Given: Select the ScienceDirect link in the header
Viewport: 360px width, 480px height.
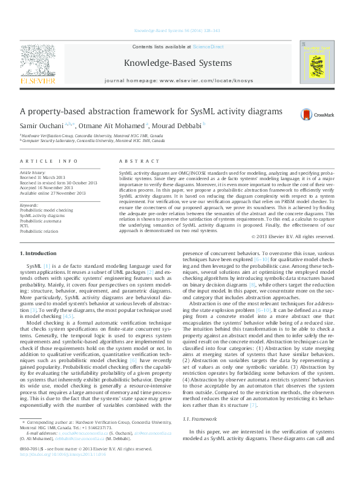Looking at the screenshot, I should (209, 47).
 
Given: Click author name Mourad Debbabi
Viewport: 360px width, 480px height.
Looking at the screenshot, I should (182, 125).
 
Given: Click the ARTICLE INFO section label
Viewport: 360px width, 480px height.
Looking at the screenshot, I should (49, 161).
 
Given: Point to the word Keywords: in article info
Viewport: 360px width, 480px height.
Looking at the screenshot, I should (29, 205).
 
